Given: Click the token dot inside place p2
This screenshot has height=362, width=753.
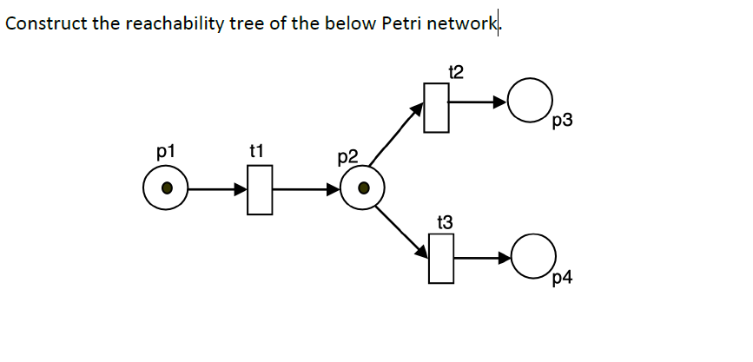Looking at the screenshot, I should [364, 188].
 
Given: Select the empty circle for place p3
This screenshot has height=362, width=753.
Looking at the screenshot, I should [531, 102].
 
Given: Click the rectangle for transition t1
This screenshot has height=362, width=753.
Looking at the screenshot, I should [259, 189].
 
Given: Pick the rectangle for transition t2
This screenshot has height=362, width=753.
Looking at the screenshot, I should [436, 108].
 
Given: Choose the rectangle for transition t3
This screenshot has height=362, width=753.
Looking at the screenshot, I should [441, 259].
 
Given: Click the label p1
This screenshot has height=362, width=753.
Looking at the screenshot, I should [165, 151].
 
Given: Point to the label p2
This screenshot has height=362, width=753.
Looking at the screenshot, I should [347, 157].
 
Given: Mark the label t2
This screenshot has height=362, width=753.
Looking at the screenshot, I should [455, 70].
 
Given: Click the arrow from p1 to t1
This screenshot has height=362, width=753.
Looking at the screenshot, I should [218, 188].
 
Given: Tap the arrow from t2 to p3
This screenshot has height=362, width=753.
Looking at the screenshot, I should [479, 102].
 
